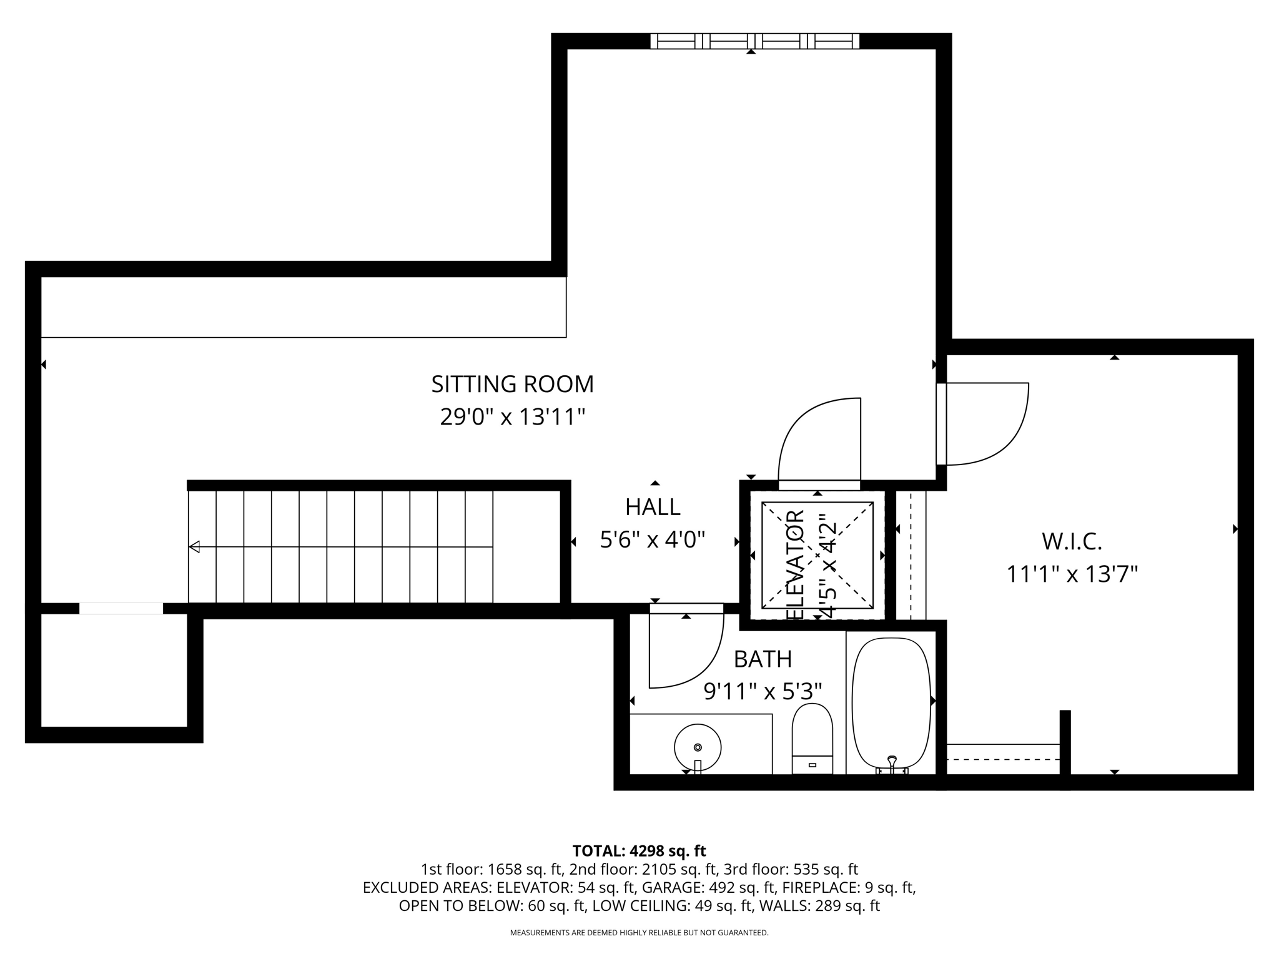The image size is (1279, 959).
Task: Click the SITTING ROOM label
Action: [512, 384]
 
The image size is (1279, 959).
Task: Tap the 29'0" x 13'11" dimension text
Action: [512, 416]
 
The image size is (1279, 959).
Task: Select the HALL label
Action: [653, 507]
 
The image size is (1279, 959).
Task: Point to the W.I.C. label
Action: [1072, 541]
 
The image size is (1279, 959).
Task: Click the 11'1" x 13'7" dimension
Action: [1072, 574]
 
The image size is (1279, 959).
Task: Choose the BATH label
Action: [763, 659]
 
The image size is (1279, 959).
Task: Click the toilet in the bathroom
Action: [812, 737]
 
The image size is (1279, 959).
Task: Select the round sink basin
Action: [698, 747]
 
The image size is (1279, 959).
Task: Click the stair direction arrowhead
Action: [194, 547]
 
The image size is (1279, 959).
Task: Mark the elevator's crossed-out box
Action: [817, 554]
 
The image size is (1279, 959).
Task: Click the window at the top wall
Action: [754, 41]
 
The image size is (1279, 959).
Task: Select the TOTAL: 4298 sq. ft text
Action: [639, 851]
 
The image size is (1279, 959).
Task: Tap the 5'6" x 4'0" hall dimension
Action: [653, 539]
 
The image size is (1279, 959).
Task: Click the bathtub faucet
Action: [892, 762]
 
